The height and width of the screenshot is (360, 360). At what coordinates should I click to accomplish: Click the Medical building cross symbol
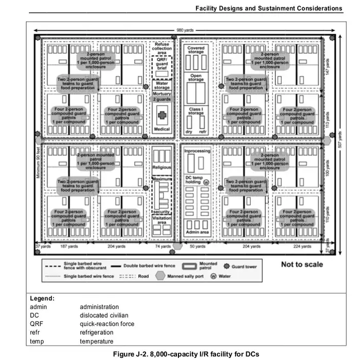coord(163,115)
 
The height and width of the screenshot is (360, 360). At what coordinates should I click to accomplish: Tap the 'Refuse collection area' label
coord(162,48)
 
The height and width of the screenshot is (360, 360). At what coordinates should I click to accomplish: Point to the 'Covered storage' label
coord(196,50)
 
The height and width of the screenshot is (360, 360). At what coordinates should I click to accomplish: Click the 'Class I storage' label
coord(196,111)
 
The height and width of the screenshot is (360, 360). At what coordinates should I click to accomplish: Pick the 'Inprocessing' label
coord(197,151)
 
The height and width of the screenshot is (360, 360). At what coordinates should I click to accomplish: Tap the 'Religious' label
coord(162,168)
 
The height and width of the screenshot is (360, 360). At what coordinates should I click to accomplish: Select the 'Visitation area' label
coord(162,221)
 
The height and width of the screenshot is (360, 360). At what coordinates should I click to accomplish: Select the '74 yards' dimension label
coord(163,247)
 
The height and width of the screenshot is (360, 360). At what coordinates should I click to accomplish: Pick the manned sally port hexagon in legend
coord(160,276)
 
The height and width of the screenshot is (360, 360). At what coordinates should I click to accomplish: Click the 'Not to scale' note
coord(302,264)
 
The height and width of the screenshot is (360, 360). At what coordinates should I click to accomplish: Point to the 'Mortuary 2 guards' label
coord(162,97)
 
